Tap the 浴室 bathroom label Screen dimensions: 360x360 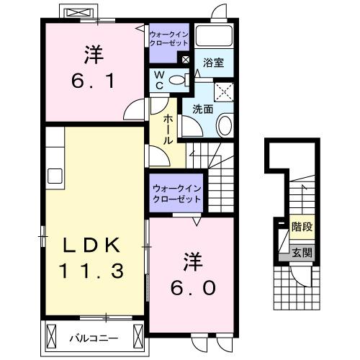[212, 63]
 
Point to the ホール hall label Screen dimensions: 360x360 [167, 130]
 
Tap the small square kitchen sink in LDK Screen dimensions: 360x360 [55, 175]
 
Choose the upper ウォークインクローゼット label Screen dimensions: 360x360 [168, 37]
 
